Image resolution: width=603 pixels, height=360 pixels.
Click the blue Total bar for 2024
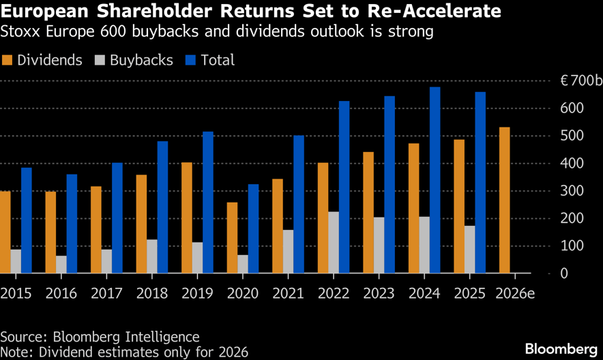click(x=435, y=180)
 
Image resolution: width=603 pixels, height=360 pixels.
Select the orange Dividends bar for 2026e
click(x=504, y=200)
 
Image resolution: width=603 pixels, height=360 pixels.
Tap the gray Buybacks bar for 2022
click(x=334, y=242)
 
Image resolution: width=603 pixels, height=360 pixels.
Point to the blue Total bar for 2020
click(x=253, y=228)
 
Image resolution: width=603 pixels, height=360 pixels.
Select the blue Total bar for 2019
click(x=208, y=202)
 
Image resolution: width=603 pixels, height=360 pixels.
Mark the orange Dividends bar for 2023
click(x=368, y=212)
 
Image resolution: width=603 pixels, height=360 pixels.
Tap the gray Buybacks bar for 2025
click(x=469, y=250)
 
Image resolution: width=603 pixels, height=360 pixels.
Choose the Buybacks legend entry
click(x=136, y=60)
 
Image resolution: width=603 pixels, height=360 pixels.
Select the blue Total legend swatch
click(x=190, y=60)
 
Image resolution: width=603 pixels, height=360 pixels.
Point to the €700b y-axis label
click(x=580, y=81)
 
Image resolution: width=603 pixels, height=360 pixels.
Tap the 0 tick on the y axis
click(x=563, y=273)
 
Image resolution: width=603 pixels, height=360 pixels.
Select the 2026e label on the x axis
click(x=514, y=293)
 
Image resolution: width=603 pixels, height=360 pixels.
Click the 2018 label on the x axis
click(x=151, y=293)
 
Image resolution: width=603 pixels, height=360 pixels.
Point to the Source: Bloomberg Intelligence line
click(x=100, y=337)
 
